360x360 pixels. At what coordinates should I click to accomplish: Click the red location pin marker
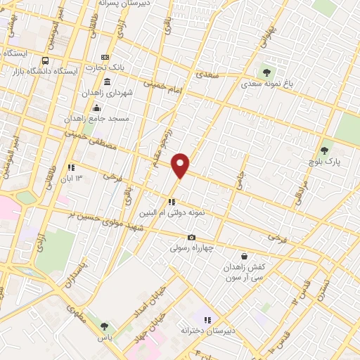pos(181,166)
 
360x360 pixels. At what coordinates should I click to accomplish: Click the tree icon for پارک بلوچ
pos(324,150)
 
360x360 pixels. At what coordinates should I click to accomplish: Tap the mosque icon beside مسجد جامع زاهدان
pos(96,108)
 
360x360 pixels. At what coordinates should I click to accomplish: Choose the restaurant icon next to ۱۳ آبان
pos(71,167)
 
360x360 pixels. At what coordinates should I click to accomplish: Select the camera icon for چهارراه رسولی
pos(192,237)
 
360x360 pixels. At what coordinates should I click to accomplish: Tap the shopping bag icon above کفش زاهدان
pos(244,257)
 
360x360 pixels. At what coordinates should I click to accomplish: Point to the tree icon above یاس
pos(104,326)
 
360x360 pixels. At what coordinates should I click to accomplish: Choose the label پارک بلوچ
pos(325,161)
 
